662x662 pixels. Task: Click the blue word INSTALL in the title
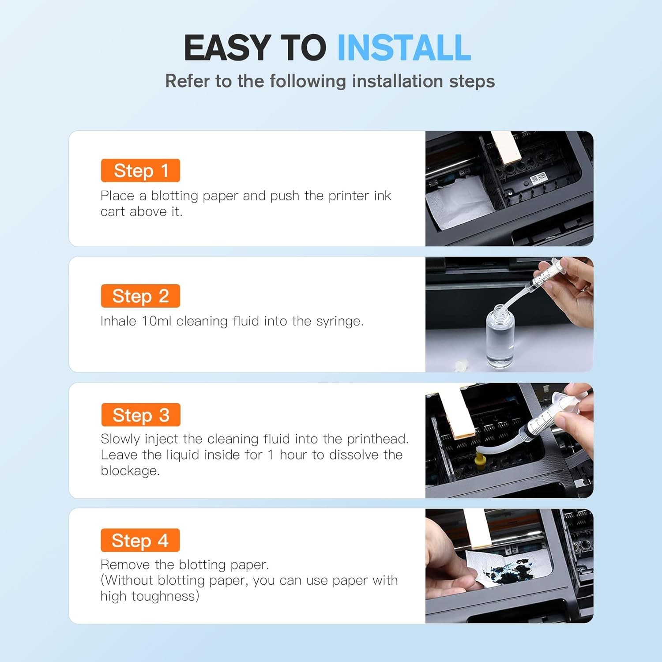[x=404, y=48]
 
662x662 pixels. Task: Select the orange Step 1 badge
[x=140, y=170]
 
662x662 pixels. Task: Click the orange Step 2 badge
[x=140, y=296]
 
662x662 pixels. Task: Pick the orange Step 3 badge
[x=141, y=415]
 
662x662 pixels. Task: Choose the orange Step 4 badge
[x=140, y=540]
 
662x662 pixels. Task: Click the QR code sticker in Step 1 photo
[x=538, y=178]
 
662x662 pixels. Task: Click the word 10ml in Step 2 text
[x=156, y=321]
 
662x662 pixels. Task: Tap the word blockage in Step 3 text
[x=130, y=471]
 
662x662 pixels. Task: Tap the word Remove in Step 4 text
[x=125, y=564]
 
